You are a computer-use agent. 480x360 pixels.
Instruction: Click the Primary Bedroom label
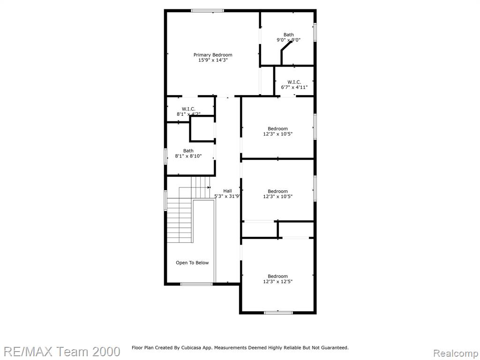click(213, 55)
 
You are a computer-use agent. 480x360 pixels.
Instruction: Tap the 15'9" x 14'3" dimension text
click(213, 60)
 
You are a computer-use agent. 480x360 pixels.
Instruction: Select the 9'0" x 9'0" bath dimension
click(289, 40)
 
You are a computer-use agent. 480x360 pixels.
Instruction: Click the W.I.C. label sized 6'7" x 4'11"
click(294, 82)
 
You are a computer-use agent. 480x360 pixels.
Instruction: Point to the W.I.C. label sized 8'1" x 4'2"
click(188, 109)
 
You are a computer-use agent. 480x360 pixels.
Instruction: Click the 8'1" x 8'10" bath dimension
click(188, 156)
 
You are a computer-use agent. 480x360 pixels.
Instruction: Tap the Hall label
click(227, 191)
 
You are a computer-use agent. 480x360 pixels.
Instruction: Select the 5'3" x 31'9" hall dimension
click(227, 196)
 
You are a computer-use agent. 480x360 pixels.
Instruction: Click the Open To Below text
click(192, 262)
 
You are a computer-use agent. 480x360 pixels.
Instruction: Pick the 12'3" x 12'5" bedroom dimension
click(277, 282)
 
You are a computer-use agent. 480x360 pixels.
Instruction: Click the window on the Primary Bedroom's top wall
click(207, 11)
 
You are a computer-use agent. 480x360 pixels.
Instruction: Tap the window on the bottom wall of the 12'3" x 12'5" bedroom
click(278, 313)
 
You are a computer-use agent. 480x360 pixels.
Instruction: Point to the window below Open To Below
click(196, 284)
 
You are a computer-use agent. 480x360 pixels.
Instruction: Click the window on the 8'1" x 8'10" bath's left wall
click(165, 157)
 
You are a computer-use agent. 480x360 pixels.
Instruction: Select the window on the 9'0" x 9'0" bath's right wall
click(315, 32)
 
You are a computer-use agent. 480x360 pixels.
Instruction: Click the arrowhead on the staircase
click(209, 187)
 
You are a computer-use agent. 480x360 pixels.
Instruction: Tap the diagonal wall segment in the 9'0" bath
click(287, 46)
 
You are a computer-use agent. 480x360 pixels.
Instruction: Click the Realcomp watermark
click(456, 353)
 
